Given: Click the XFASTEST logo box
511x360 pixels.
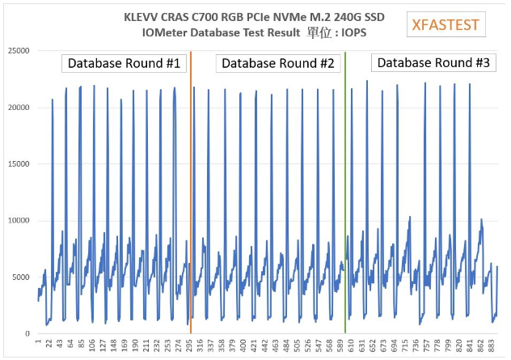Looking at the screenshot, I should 446,25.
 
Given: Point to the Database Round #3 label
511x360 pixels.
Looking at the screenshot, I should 433,63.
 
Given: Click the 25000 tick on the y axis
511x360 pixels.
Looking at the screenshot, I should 18,51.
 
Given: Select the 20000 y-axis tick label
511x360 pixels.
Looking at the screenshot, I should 18,108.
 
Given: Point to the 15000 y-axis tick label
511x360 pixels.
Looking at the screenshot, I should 18,164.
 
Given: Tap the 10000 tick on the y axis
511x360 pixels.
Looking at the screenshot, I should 18,221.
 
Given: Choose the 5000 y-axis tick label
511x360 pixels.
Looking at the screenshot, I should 20,277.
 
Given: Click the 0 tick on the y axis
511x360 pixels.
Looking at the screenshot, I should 27,333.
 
